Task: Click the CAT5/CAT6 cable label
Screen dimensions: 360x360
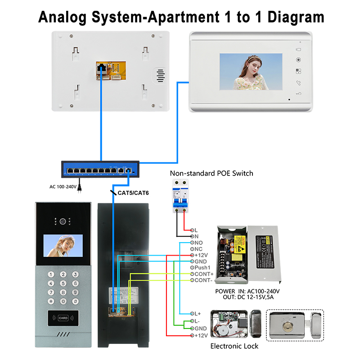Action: coord(133,193)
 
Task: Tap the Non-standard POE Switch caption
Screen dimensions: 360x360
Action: coord(211,173)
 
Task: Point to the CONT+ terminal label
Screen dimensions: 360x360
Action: coord(203,274)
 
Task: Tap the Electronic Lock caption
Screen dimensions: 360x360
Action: coord(234,346)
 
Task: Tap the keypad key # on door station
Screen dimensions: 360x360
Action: coord(76,301)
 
